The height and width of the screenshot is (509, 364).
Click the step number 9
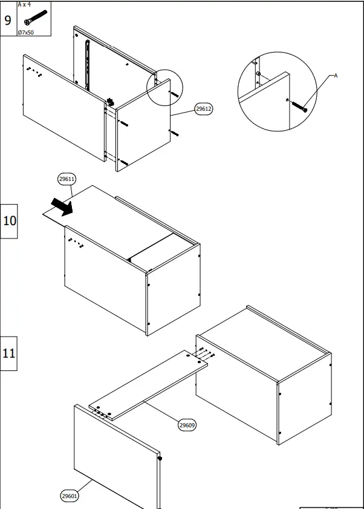pos(8,19)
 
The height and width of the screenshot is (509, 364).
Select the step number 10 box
pos(10,220)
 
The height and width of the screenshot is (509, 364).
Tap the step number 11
pos(8,353)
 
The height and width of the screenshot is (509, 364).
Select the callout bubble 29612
pos(203,110)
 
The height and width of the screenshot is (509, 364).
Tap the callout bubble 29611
pos(67,179)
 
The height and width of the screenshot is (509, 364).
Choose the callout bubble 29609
pos(187,425)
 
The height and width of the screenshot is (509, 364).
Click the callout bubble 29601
pos(70,496)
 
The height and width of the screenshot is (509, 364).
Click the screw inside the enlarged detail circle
pos(300,106)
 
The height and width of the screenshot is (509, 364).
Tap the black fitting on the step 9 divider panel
pos(111,101)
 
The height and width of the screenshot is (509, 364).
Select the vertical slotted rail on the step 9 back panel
pos(88,64)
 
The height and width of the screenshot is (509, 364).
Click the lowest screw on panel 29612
pos(123,163)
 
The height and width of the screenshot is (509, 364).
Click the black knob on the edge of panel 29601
pos(161,459)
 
